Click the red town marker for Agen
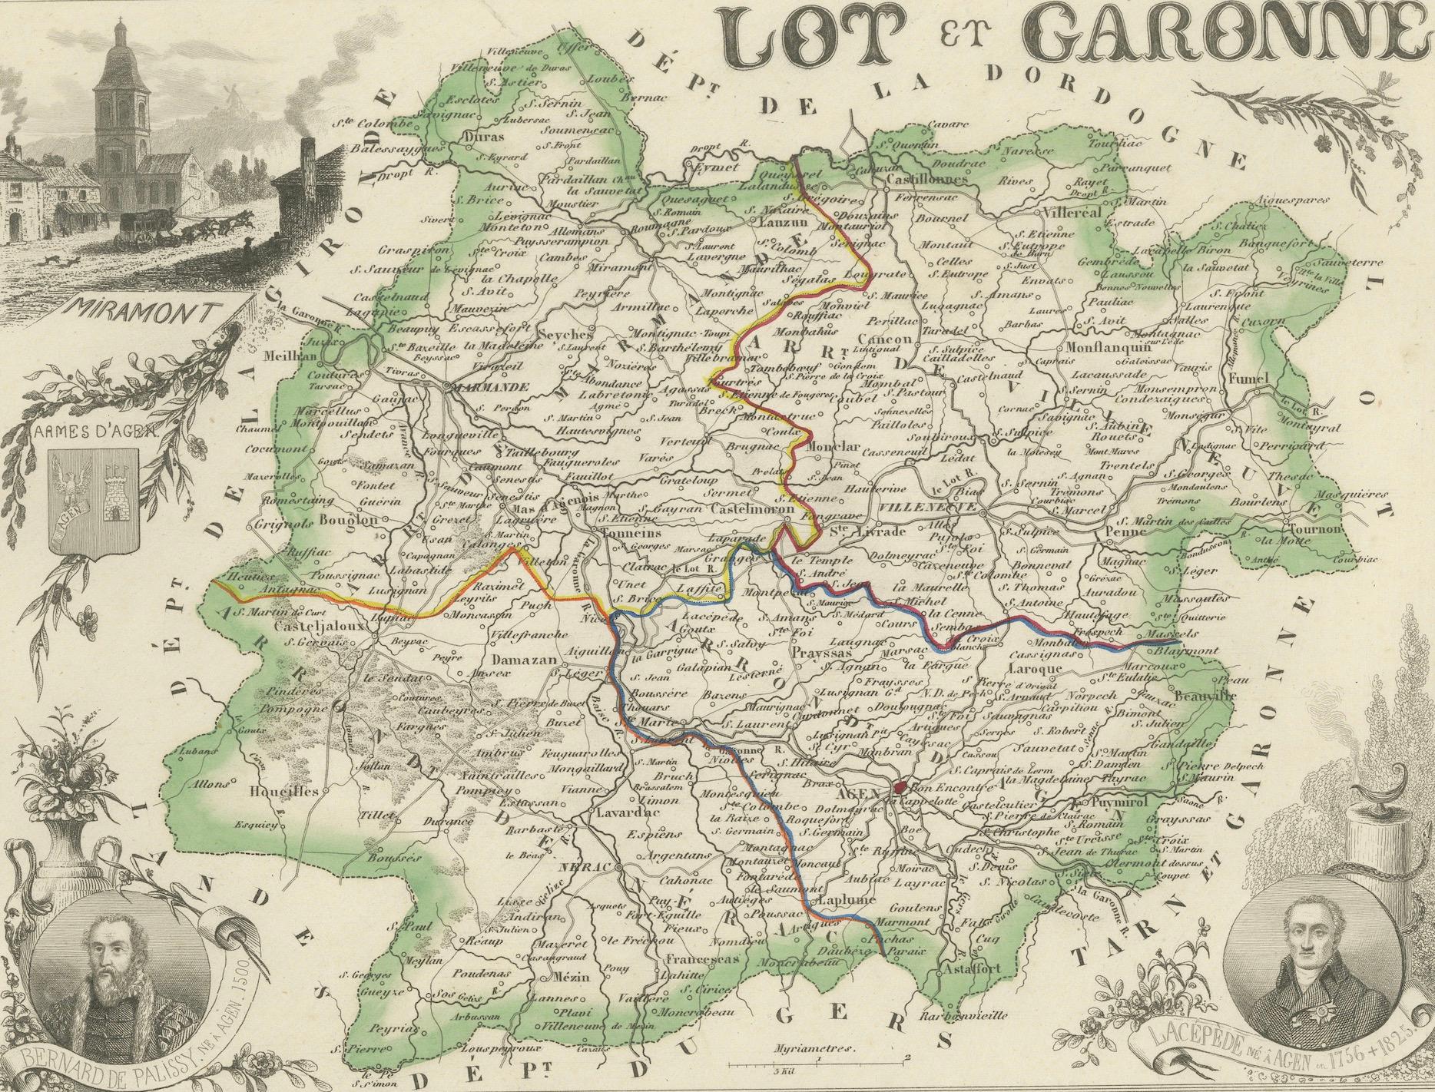tap(900, 788)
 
